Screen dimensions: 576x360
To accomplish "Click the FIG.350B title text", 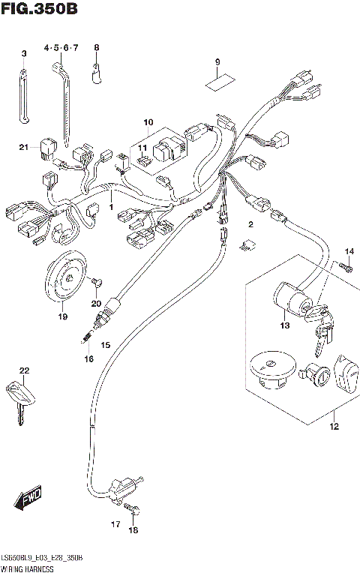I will (x=39, y=10).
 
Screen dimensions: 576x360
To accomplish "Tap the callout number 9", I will (x=217, y=61).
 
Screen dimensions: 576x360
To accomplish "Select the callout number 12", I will (x=334, y=427).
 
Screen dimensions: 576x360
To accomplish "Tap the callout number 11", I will (x=142, y=148).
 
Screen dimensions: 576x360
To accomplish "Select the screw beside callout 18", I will (x=135, y=512).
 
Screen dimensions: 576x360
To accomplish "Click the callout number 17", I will (x=115, y=523).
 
